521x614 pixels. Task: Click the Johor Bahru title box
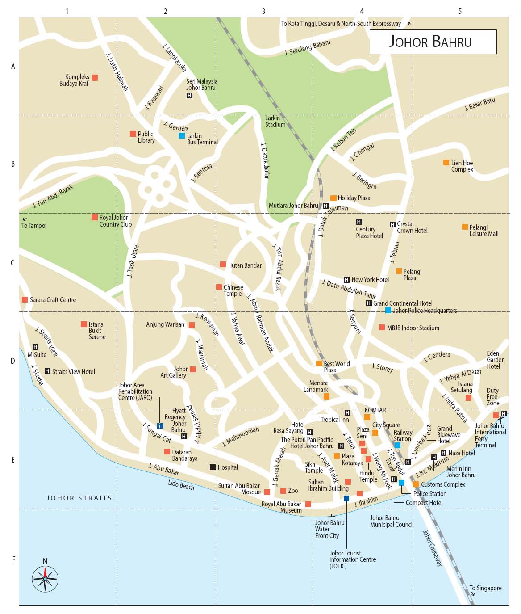click(x=433, y=42)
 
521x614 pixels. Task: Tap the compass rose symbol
click(x=45, y=579)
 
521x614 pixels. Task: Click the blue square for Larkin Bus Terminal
click(x=182, y=135)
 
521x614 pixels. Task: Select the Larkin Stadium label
click(x=275, y=121)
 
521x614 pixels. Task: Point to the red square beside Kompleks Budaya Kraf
click(x=95, y=78)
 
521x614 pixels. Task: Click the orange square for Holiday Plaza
click(x=333, y=198)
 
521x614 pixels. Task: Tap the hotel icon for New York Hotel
click(x=346, y=280)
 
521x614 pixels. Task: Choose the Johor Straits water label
click(x=79, y=498)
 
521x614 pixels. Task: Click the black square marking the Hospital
click(x=213, y=467)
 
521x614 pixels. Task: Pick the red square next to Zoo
click(x=283, y=491)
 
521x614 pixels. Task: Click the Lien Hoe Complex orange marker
click(x=446, y=163)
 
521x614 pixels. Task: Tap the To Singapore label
click(x=485, y=588)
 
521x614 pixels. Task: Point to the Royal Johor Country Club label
click(x=115, y=221)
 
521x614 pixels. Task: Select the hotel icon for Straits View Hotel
click(x=47, y=371)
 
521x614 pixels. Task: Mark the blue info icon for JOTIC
click(x=346, y=498)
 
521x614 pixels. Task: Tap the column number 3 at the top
click(x=263, y=11)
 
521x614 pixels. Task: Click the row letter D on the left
click(x=13, y=361)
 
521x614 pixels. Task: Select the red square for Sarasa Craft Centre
click(x=25, y=299)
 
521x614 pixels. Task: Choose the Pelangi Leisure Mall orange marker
click(x=465, y=227)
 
